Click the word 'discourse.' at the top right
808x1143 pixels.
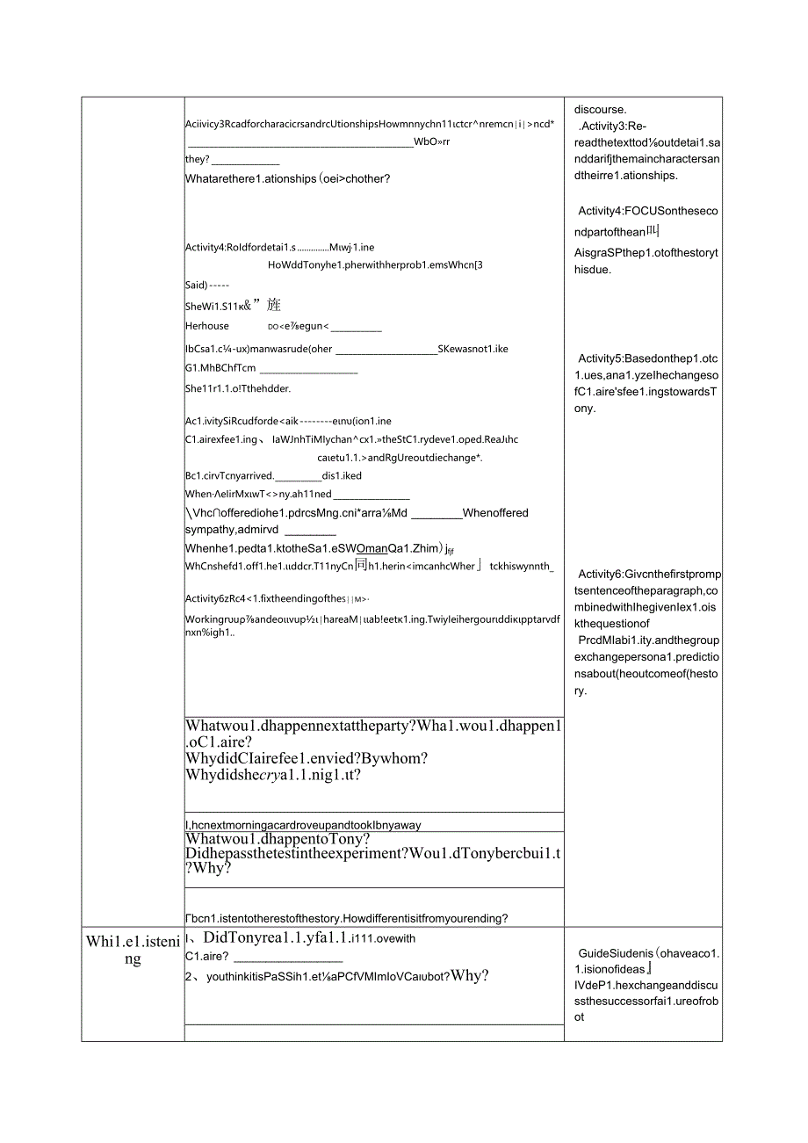point(601,110)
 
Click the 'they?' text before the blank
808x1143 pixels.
point(198,159)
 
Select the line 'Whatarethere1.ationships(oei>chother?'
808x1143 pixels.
point(287,178)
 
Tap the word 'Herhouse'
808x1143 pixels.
point(207,325)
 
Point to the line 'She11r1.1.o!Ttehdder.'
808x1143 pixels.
point(238,388)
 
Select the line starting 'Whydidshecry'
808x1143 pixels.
point(273,775)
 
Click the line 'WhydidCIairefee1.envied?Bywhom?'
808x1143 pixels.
point(307,758)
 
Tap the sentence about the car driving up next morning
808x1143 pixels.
point(303,825)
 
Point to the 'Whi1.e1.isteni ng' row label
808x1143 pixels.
point(133,950)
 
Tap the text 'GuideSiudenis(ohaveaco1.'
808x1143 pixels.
point(648,953)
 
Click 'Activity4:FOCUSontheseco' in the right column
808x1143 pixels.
point(647,211)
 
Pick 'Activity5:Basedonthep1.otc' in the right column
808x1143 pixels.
point(647,358)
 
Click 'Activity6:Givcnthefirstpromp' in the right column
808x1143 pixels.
point(649,575)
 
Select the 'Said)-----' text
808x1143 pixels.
point(207,285)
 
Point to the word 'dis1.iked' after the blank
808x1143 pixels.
point(342,475)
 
